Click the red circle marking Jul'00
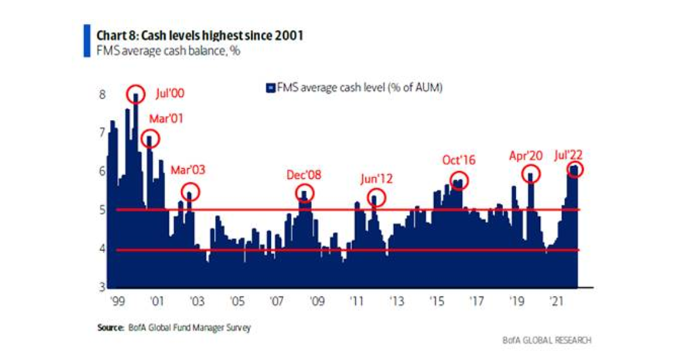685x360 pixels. pyautogui.click(x=136, y=94)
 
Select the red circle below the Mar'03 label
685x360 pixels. pyautogui.click(x=190, y=192)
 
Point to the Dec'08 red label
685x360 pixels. pyautogui.click(x=304, y=175)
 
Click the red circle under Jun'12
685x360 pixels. pyautogui.click(x=376, y=198)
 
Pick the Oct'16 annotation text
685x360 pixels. pyautogui.click(x=459, y=160)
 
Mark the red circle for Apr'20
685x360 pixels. pyautogui.click(x=531, y=174)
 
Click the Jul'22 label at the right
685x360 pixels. pyautogui.click(x=568, y=155)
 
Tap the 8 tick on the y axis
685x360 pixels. pyautogui.click(x=102, y=95)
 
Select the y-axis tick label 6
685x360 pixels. pyautogui.click(x=102, y=171)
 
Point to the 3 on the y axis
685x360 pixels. pyautogui.click(x=102, y=287)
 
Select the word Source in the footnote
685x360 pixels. pyautogui.click(x=111, y=328)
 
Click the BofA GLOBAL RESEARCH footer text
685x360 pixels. pyautogui.click(x=546, y=340)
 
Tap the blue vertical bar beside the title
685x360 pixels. pyautogui.click(x=87, y=41)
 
